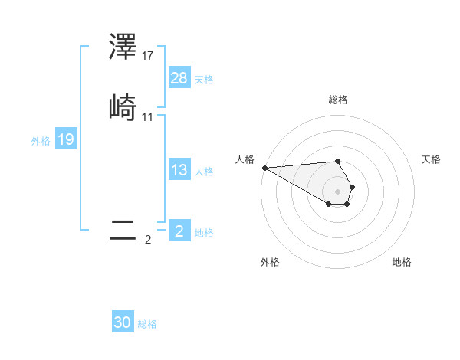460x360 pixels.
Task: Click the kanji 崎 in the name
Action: [123, 107]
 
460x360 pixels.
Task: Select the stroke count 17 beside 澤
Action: [148, 56]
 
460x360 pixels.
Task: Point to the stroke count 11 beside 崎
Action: [148, 117]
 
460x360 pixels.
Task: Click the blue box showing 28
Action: [179, 78]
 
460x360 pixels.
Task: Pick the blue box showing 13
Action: [179, 170]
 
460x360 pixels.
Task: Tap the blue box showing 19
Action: [66, 139]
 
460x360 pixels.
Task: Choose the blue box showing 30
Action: [123, 322]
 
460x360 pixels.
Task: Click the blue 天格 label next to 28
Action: [204, 80]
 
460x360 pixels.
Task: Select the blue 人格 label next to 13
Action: [204, 172]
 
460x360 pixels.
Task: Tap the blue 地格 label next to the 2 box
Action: [204, 233]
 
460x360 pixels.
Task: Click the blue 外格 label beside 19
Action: [41, 141]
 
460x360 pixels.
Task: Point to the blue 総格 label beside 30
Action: [147, 324]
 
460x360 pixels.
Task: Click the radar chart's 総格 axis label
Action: [337, 100]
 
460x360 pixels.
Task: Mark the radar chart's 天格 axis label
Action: [431, 159]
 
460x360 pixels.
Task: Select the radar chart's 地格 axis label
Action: [402, 262]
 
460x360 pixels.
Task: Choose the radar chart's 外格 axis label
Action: [270, 262]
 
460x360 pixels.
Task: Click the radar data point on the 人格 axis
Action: [264, 168]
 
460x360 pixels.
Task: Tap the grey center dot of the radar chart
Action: [337, 191]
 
